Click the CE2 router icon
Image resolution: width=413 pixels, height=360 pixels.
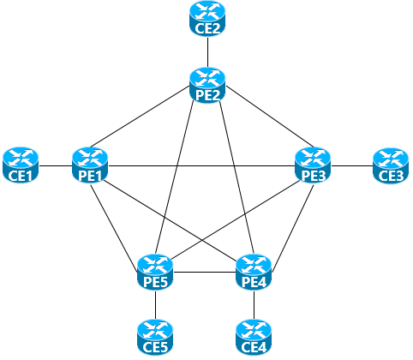coord(207,19)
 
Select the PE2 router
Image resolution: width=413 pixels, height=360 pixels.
coord(207,85)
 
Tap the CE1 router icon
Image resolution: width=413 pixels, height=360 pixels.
coord(21,165)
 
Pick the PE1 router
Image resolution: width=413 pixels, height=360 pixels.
coord(90,165)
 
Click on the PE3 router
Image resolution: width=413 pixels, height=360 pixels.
coord(313,165)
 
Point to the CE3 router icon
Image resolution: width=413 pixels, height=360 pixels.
coord(391,165)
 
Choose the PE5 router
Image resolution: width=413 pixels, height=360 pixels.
coord(155,272)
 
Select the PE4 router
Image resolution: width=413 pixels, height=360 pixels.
coord(254,272)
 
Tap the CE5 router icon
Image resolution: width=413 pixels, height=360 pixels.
coord(155,338)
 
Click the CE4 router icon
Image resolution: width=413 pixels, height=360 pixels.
coord(254,338)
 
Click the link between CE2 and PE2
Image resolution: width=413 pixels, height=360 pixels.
coord(207,52)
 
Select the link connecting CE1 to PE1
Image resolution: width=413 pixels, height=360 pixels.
coord(56,165)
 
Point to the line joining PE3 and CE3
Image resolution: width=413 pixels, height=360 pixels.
coord(352,165)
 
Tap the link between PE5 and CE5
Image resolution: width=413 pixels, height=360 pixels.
coord(155,305)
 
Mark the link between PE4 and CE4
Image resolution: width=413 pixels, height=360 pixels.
coord(254,305)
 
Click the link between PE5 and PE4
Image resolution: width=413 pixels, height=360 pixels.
coord(205,272)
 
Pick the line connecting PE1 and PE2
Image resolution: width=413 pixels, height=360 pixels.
coord(140,117)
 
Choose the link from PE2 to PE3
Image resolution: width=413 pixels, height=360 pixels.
coord(270,117)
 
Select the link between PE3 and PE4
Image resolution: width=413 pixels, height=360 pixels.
coord(293,227)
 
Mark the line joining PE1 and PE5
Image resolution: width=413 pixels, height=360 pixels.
coord(114,227)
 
